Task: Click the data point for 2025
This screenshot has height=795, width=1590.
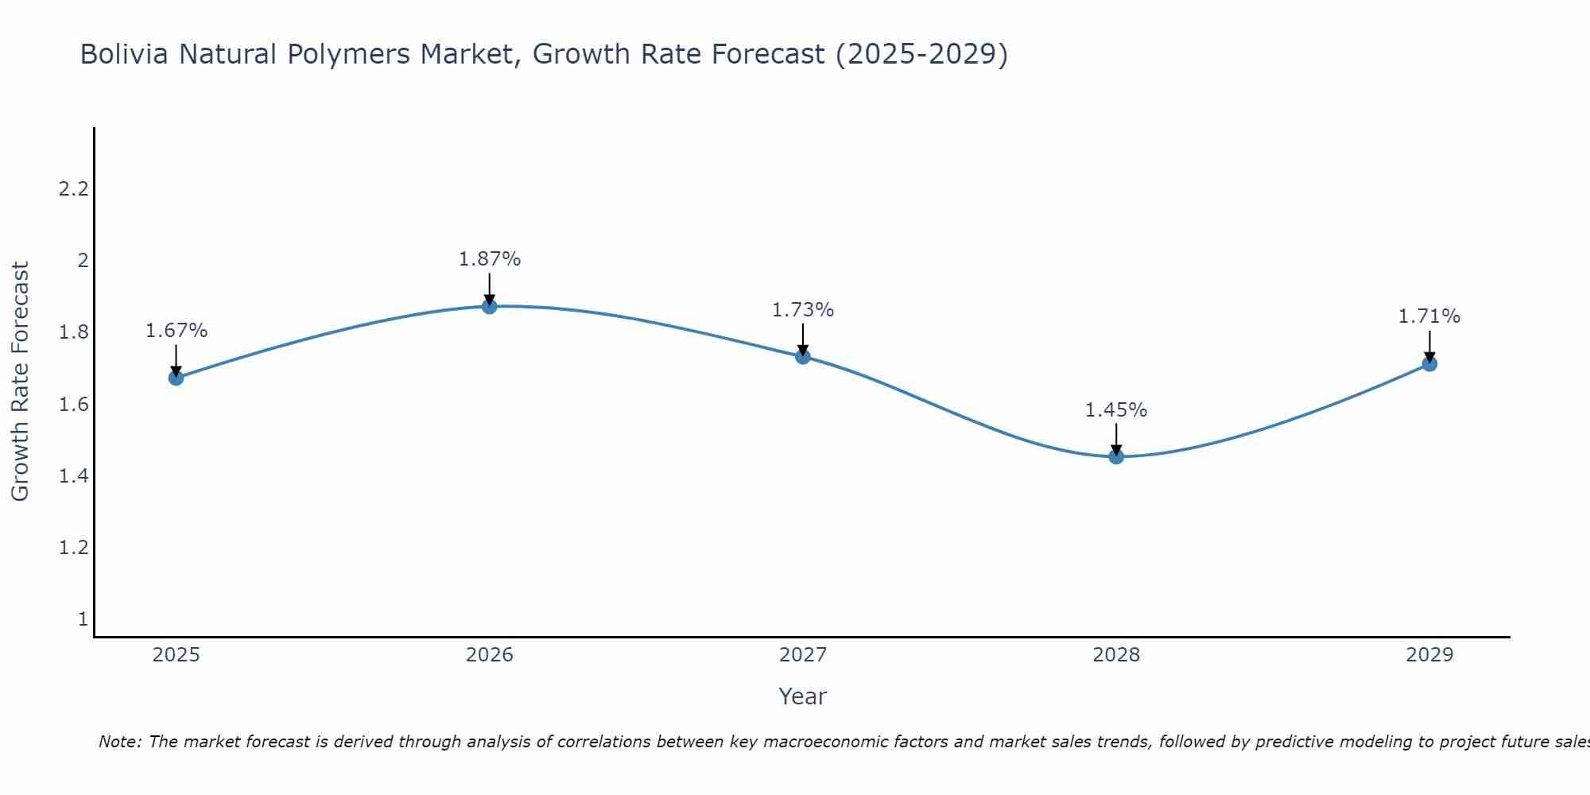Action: tap(176, 378)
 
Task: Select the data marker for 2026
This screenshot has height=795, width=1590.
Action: tap(490, 306)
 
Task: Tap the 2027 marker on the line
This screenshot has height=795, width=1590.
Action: tap(803, 356)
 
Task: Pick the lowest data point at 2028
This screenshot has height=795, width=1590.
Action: tap(1116, 456)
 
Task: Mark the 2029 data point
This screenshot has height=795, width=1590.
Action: tap(1429, 364)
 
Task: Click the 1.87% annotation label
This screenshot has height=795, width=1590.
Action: tap(490, 259)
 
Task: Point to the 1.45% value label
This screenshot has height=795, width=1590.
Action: tap(1116, 410)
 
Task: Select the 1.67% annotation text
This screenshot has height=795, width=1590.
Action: tap(176, 331)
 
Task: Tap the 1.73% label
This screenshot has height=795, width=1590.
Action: tap(803, 310)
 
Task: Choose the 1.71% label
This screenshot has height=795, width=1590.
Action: tap(1429, 316)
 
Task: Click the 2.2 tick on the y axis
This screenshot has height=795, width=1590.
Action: tap(73, 189)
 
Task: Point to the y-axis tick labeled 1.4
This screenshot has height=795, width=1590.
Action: tap(73, 476)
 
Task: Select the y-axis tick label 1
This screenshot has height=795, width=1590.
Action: tap(83, 619)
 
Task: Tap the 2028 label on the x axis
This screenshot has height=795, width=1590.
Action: tap(1116, 655)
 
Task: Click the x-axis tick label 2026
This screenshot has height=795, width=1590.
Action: tap(490, 655)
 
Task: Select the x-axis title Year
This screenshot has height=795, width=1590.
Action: tap(803, 696)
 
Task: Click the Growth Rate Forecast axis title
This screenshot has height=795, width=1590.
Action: tap(20, 382)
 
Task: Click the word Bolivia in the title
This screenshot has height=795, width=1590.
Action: tap(124, 54)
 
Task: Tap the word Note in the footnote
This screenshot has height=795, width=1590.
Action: tap(120, 742)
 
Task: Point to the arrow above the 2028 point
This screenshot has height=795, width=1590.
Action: tap(1116, 439)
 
